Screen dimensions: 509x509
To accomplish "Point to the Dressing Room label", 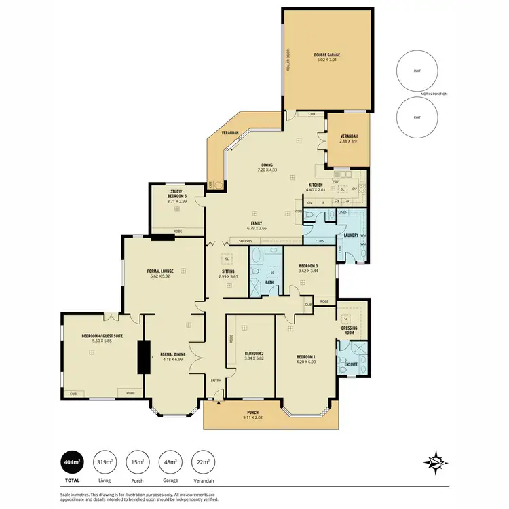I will (x=349, y=331).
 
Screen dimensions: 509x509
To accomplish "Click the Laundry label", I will (x=350, y=235).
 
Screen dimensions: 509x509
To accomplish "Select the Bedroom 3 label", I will (x=308, y=267).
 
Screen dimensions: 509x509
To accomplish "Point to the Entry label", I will (x=216, y=381).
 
